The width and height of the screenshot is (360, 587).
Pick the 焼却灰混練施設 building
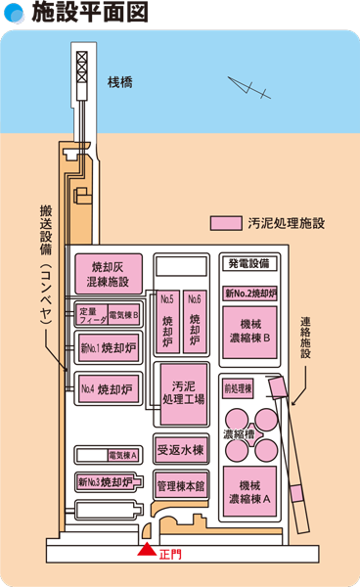[108, 274]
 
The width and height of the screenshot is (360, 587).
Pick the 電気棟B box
[124, 314]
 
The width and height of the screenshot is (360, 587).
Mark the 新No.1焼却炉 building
[108, 347]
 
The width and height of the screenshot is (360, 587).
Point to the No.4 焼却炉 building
[108, 386]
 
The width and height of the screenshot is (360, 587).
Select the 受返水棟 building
[180, 450]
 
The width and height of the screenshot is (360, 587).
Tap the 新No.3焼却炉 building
[105, 481]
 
